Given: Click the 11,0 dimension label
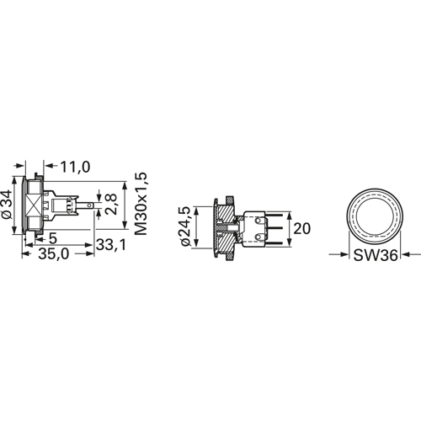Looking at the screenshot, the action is [76, 167].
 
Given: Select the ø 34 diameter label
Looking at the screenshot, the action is [7, 204].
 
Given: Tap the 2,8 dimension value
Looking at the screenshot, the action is [111, 204].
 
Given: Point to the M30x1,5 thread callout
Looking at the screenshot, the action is [141, 204].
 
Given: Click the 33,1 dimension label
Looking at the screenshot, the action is [111, 245].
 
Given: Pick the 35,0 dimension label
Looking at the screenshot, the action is [54, 254].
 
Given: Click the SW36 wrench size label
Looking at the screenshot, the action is [376, 255].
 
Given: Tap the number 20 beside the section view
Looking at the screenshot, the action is [302, 229].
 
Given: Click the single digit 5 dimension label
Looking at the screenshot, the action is [53, 238].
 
